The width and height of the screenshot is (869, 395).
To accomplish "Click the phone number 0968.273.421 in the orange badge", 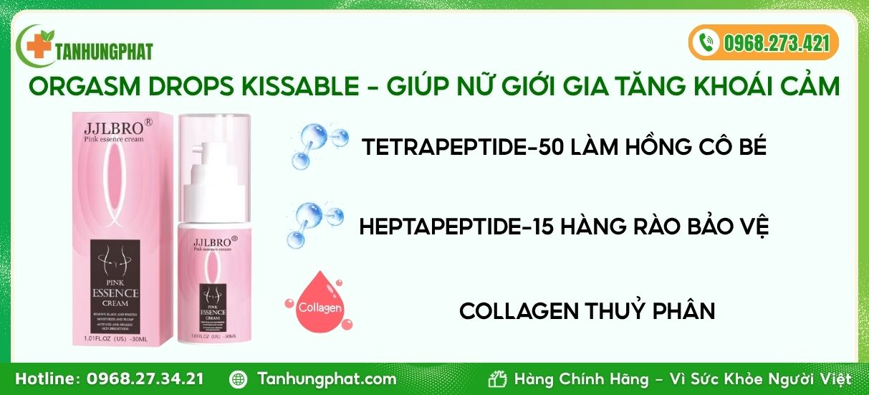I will tap(776, 43).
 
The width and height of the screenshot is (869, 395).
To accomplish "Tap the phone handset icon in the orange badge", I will tap(707, 42).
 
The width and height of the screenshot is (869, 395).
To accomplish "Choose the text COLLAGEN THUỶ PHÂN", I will tap(587, 311).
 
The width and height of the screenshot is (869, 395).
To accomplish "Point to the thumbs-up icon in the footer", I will tap(497, 379).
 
